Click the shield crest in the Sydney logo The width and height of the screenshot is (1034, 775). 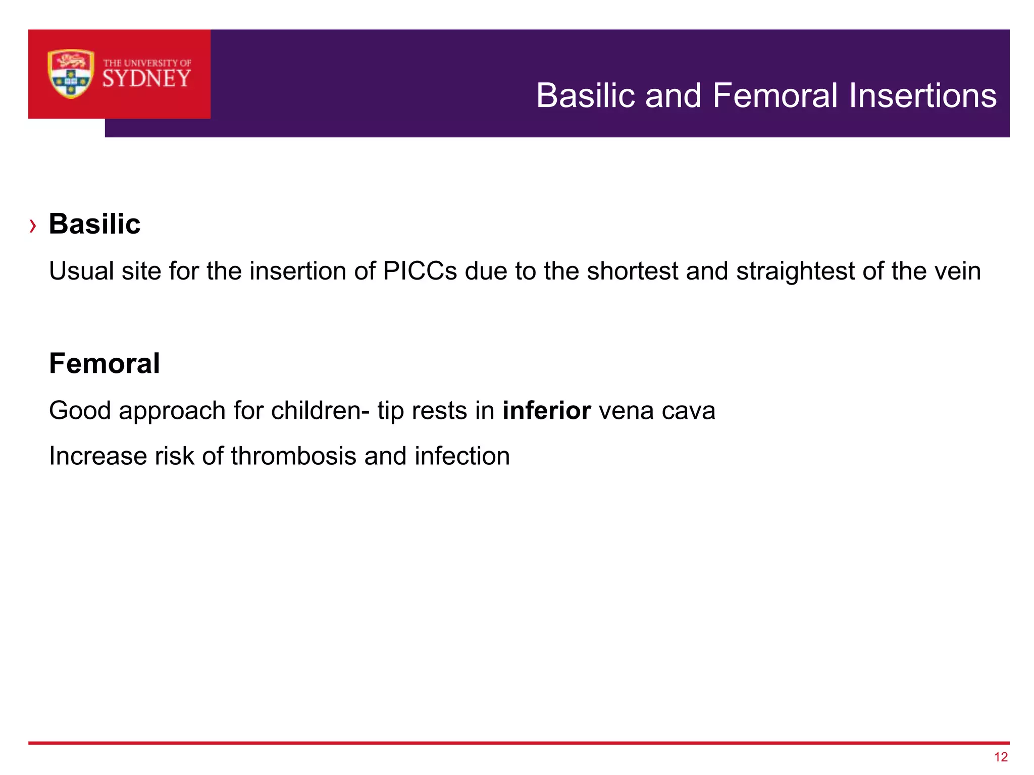71,74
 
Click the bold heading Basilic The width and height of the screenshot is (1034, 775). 94,224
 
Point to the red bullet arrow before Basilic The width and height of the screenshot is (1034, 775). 33,226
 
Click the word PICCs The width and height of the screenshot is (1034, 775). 420,271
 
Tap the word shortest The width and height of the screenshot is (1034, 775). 632,271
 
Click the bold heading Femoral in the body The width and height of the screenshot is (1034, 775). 105,363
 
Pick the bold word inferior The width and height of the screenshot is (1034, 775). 546,410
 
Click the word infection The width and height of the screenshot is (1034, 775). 462,456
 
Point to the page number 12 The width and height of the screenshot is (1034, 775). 1001,757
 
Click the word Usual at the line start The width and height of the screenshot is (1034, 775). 81,271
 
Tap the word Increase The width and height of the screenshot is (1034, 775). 98,456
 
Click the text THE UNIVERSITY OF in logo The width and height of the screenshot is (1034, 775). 147,63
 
